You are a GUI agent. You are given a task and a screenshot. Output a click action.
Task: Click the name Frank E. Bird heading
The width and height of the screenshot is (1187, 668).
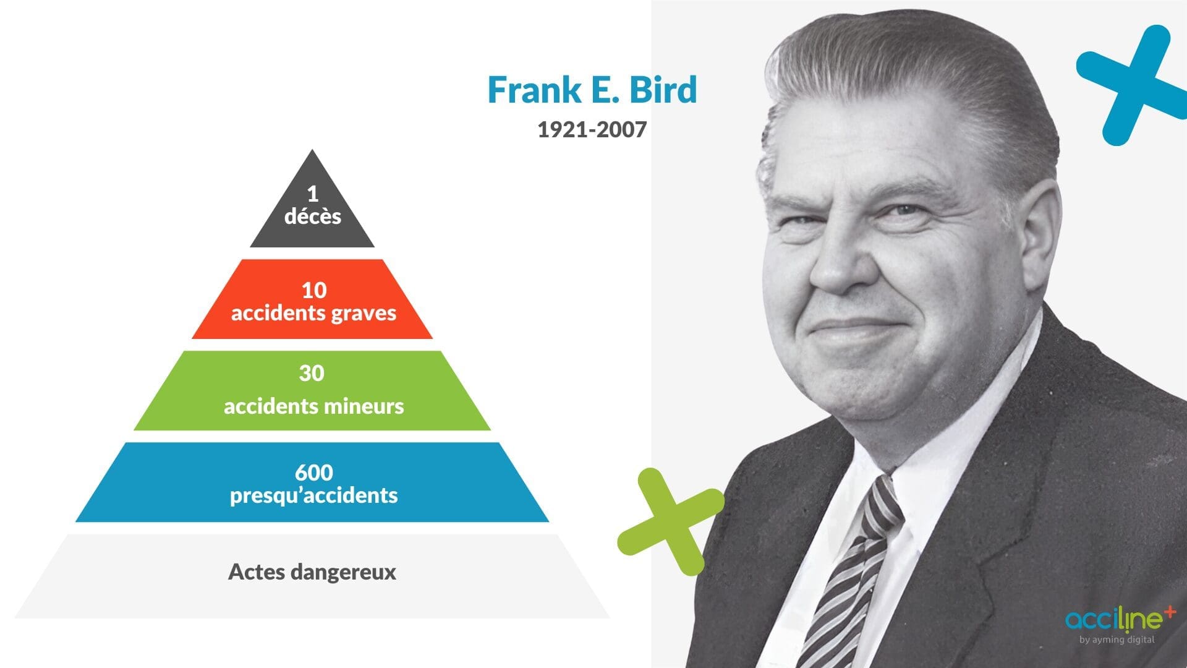[592, 90]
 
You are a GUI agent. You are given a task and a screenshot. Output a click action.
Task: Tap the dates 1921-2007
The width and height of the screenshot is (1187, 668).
[592, 129]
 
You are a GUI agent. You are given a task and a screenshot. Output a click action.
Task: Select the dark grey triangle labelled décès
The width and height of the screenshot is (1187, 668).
[312, 210]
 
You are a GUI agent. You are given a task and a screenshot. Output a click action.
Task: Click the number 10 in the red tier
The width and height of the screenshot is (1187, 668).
[313, 290]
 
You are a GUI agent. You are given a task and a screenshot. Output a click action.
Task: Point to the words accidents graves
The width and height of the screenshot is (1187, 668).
[313, 313]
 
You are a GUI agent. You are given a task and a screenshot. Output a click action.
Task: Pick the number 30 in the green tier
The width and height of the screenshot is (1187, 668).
[312, 373]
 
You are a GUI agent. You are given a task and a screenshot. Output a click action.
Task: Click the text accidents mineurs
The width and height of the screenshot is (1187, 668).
[313, 406]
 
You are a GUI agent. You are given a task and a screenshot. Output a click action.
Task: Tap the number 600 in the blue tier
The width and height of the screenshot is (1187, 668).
[313, 473]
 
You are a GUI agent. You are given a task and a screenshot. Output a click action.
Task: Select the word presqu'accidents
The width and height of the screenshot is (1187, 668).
[313, 495]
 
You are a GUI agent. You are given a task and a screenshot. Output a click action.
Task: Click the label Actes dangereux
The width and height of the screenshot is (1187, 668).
[312, 572]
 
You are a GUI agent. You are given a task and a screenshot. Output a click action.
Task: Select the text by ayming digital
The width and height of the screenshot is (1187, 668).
[1117, 640]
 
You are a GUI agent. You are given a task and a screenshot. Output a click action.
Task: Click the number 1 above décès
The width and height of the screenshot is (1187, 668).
[313, 194]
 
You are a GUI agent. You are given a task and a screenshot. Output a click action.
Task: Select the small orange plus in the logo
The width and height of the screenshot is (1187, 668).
[1169, 612]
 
